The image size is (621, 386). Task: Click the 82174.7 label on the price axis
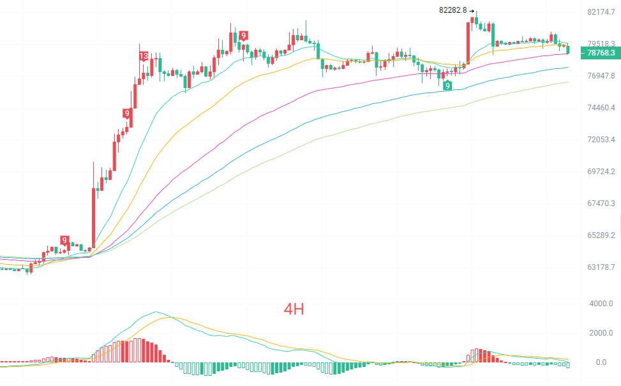coord(601,12)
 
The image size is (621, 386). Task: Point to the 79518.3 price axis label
coord(601,43)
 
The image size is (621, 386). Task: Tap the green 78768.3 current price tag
coord(601,53)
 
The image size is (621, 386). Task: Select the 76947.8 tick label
coord(601,76)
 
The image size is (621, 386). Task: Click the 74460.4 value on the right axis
coord(601,108)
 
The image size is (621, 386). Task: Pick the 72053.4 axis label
coord(601,139)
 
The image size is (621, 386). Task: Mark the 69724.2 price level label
coord(601,172)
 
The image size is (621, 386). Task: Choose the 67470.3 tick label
coord(601,203)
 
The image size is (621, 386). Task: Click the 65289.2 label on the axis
coord(601,235)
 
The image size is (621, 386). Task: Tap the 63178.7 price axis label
coord(601,267)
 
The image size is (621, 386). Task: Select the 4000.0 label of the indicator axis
coord(601,304)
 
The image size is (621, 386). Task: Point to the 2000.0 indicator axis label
coord(601,333)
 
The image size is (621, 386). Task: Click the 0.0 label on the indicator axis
coord(601,362)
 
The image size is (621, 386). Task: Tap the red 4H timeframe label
coord(294,309)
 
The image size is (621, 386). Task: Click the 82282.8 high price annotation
coord(453,10)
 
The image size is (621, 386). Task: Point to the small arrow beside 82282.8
coord(471,11)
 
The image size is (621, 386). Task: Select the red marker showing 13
coord(144,56)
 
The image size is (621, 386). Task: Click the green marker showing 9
coord(447,85)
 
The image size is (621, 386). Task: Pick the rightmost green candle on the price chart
coord(568,49)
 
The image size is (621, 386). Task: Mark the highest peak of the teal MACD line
coord(156,312)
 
